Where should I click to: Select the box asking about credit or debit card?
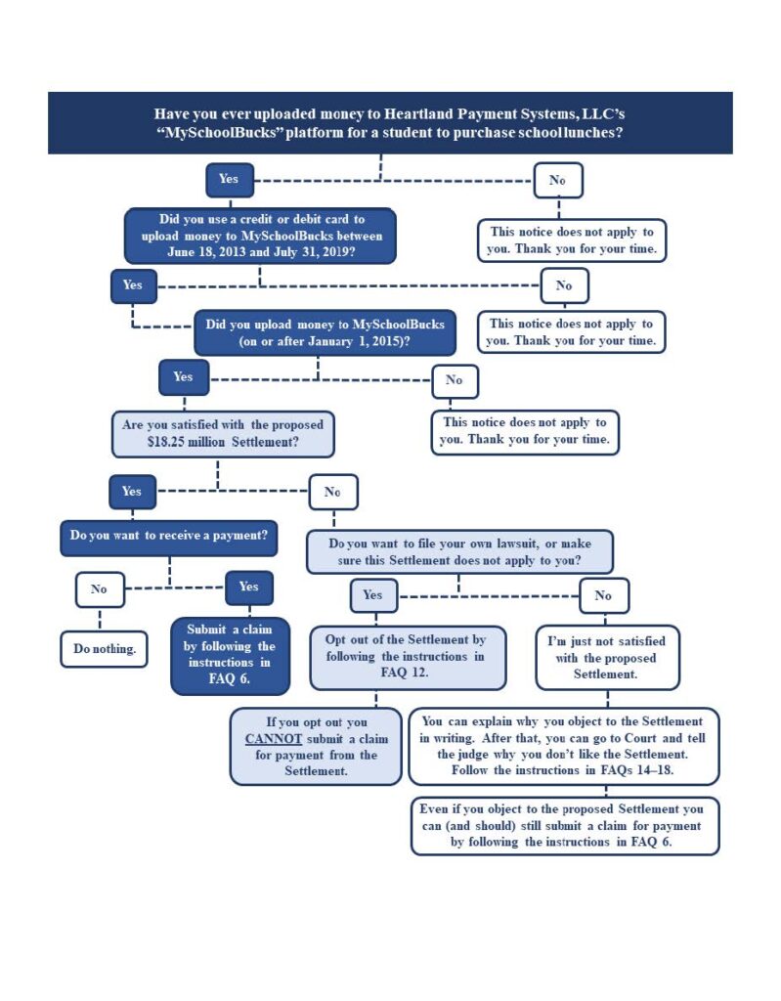pyautogui.click(x=261, y=236)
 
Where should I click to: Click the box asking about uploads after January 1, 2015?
pyautogui.click(x=325, y=332)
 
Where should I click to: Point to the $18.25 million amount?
pyautogui.click(x=186, y=442)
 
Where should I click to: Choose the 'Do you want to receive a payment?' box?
pyautogui.click(x=169, y=539)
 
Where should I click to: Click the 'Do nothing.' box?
pyautogui.click(x=104, y=649)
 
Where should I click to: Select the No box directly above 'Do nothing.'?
pyautogui.click(x=100, y=589)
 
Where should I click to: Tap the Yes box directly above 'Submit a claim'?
pyautogui.click(x=249, y=588)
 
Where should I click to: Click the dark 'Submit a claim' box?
pyautogui.click(x=230, y=656)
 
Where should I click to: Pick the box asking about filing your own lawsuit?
pyautogui.click(x=459, y=552)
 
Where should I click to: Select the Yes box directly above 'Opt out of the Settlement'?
pyautogui.click(x=373, y=595)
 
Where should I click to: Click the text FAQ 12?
pyautogui.click(x=405, y=673)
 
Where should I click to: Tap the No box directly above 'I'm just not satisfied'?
pyautogui.click(x=604, y=595)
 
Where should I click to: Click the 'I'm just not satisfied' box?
pyautogui.click(x=607, y=658)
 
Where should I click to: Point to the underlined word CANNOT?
pyautogui.click(x=274, y=739)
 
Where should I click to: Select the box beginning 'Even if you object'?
pyautogui.click(x=565, y=826)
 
